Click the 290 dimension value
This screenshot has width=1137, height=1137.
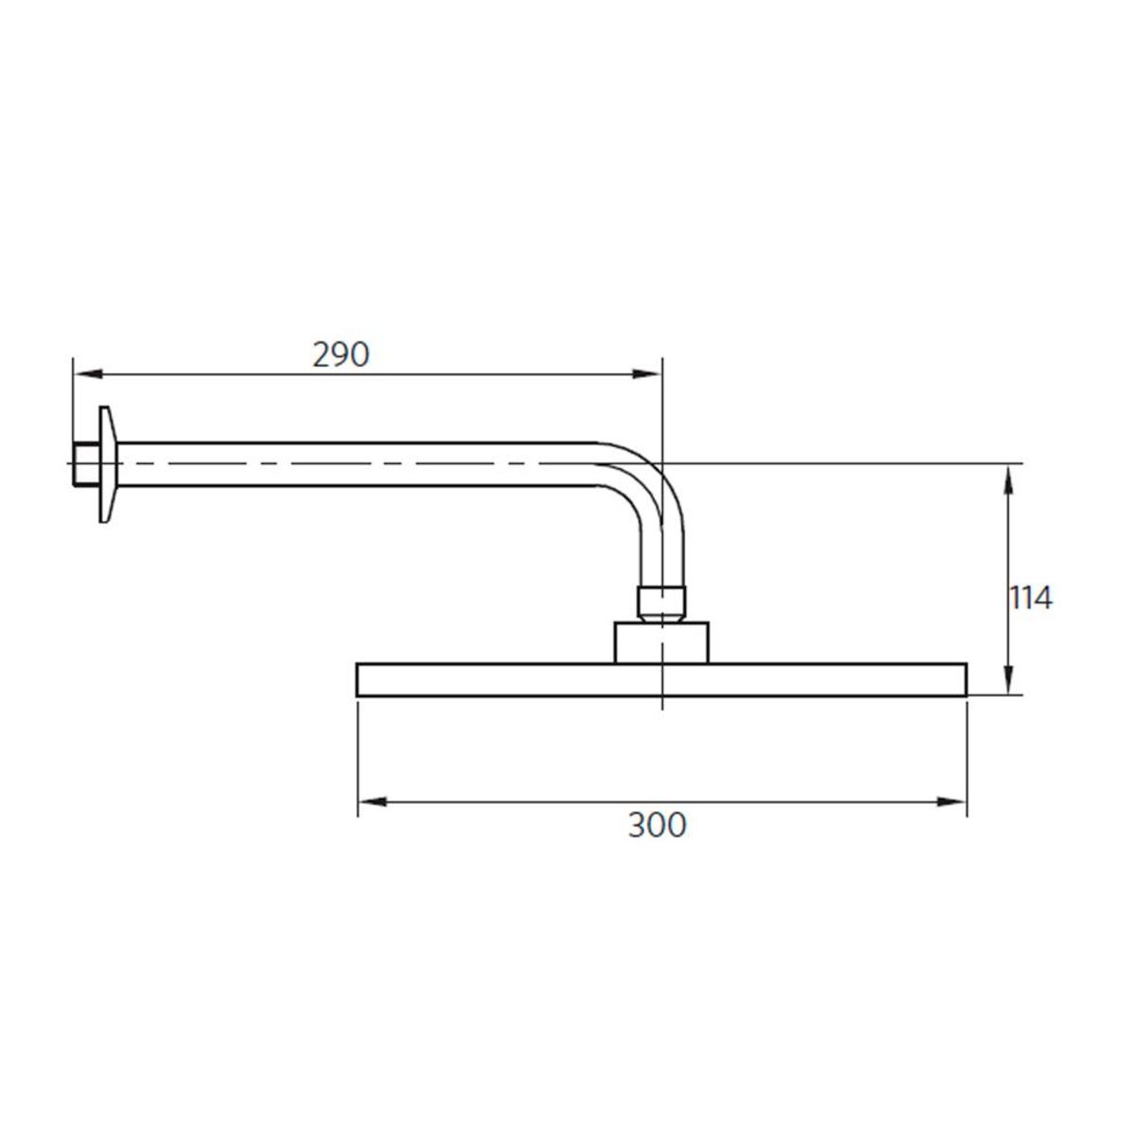click(x=340, y=354)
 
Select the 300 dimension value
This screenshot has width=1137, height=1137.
click(x=657, y=824)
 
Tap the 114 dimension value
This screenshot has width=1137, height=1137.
click(x=1029, y=598)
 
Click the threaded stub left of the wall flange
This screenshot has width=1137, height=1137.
click(x=82, y=463)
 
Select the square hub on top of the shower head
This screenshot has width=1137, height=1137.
click(x=661, y=642)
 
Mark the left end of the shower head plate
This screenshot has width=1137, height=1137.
click(x=359, y=680)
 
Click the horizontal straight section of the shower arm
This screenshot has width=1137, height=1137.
click(x=360, y=463)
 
